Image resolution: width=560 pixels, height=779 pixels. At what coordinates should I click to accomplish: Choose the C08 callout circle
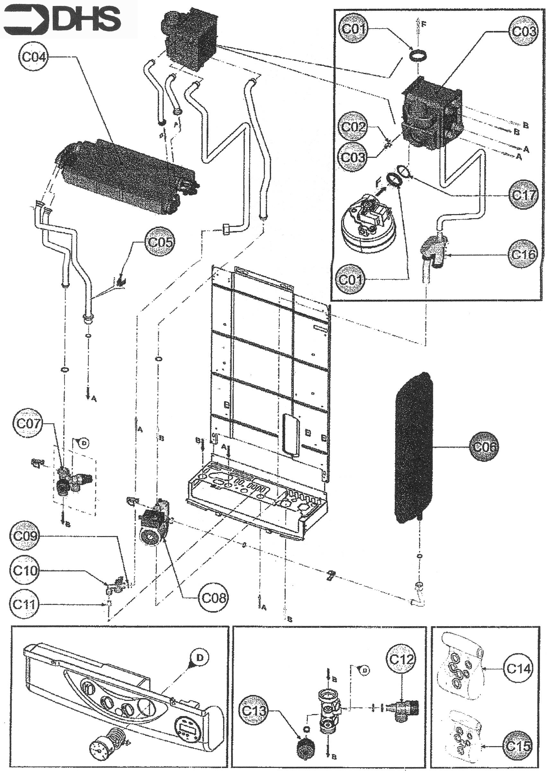pyautogui.click(x=213, y=598)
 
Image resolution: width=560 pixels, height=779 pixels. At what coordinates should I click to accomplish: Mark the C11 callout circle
pyautogui.click(x=24, y=604)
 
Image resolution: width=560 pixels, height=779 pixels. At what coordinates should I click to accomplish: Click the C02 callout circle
pyautogui.click(x=353, y=127)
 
